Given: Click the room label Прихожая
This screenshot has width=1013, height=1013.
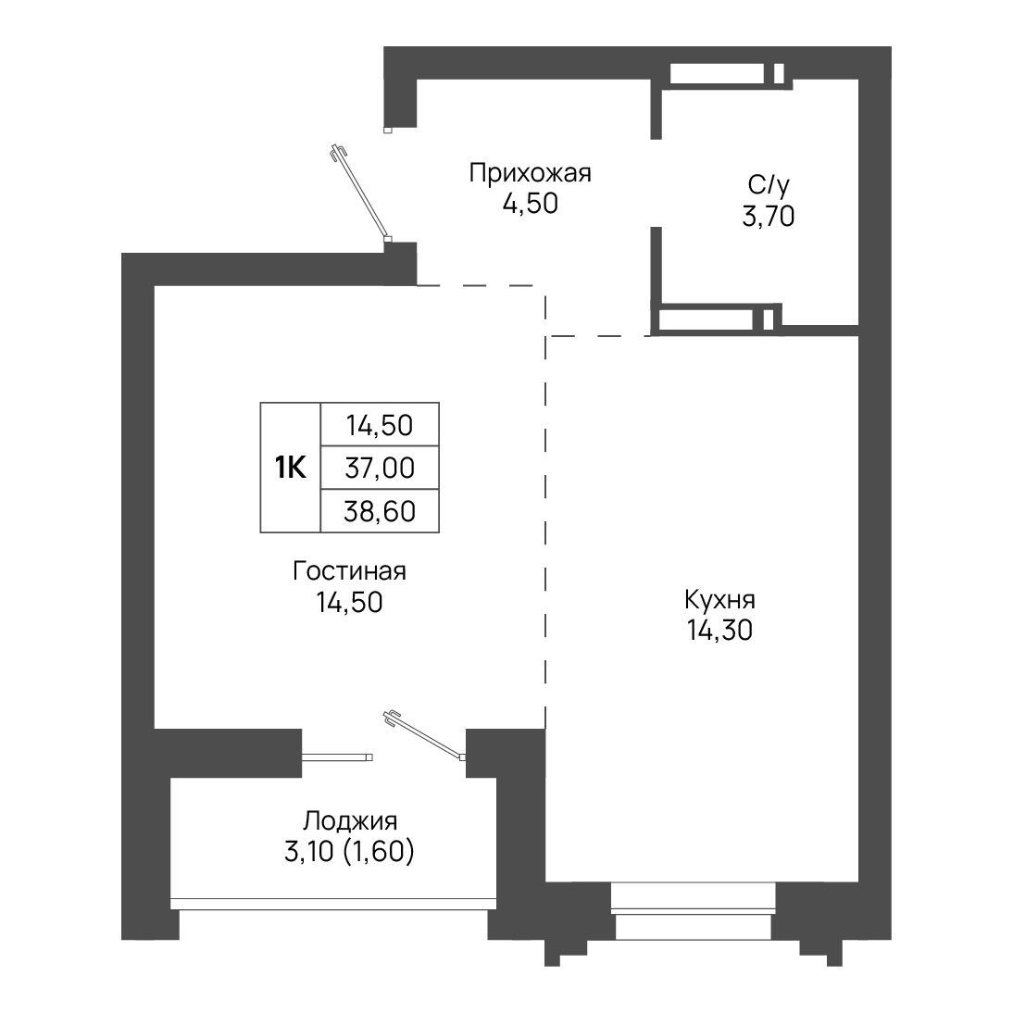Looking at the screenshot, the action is tap(530, 174).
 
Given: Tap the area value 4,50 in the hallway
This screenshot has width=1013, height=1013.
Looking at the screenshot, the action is tap(530, 204).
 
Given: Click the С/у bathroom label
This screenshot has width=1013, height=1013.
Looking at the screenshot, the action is tap(769, 186).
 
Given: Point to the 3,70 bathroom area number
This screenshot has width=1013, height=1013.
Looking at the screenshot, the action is tap(769, 217).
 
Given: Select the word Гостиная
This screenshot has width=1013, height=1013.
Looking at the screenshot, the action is tap(349, 571).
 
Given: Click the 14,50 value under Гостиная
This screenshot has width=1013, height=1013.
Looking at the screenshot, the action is tap(349, 603).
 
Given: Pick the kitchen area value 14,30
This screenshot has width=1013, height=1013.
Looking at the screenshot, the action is tap(719, 631).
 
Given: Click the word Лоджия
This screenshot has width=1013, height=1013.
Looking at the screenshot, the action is tap(350, 821).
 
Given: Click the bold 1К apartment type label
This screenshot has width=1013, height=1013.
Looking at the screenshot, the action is tap(291, 468).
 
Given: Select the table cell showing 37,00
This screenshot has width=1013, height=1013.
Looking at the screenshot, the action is tap(380, 468).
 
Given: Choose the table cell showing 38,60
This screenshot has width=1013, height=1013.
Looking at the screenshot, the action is tap(380, 511).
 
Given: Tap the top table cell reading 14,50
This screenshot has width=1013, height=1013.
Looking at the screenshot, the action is tap(380, 425).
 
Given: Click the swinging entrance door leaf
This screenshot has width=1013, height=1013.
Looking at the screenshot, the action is tap(360, 192).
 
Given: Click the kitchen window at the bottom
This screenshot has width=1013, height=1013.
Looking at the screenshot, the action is tap(693, 911).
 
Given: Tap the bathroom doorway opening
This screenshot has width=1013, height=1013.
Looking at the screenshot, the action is tap(657, 182).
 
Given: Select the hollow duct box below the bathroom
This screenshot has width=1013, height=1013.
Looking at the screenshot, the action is tap(716, 319).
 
